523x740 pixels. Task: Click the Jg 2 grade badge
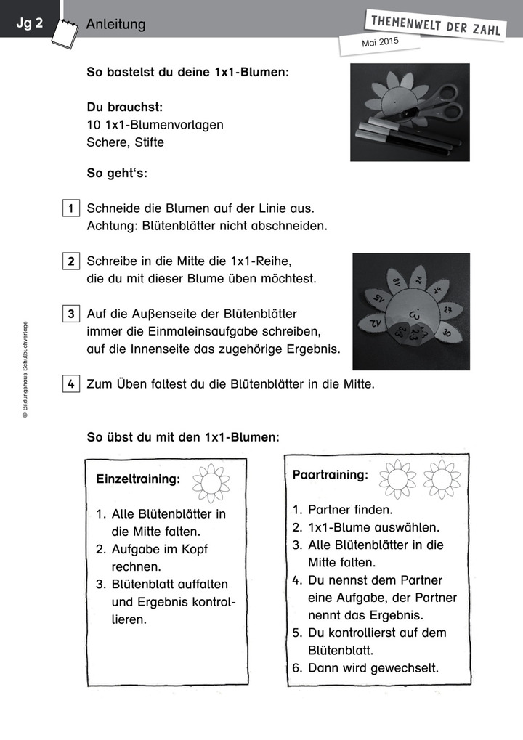click(30, 23)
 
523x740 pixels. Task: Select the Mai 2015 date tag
click(380, 43)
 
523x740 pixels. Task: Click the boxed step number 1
click(71, 208)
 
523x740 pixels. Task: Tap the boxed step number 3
click(71, 314)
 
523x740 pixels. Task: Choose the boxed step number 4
click(71, 384)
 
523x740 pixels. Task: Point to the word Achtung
click(110, 226)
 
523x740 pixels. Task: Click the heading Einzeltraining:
click(138, 479)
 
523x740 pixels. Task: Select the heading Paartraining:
click(330, 475)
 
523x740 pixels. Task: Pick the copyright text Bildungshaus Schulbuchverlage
click(25, 370)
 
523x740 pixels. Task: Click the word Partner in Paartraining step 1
click(331, 511)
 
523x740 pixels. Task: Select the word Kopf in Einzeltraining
click(192, 549)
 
